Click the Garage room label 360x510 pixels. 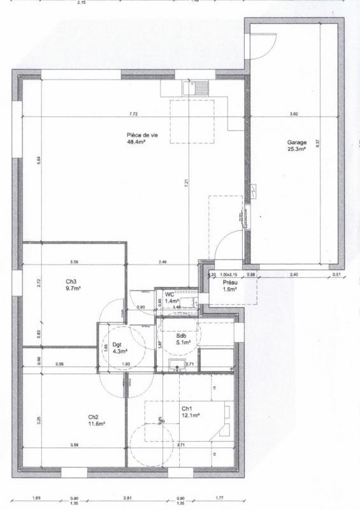pyautogui.click(x=297, y=143)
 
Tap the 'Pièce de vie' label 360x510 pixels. pyautogui.click(x=141, y=135)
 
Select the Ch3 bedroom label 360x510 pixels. pyautogui.click(x=71, y=281)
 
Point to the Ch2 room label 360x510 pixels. pyautogui.click(x=94, y=418)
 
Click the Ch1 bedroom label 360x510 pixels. pyautogui.click(x=187, y=409)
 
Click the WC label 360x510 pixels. pyautogui.click(x=169, y=294)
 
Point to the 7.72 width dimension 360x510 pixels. pyautogui.click(x=133, y=114)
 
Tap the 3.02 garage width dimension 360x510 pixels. pyautogui.click(x=294, y=114)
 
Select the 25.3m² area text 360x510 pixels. pyautogui.click(x=297, y=149)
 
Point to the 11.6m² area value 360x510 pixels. pyautogui.click(x=96, y=424)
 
